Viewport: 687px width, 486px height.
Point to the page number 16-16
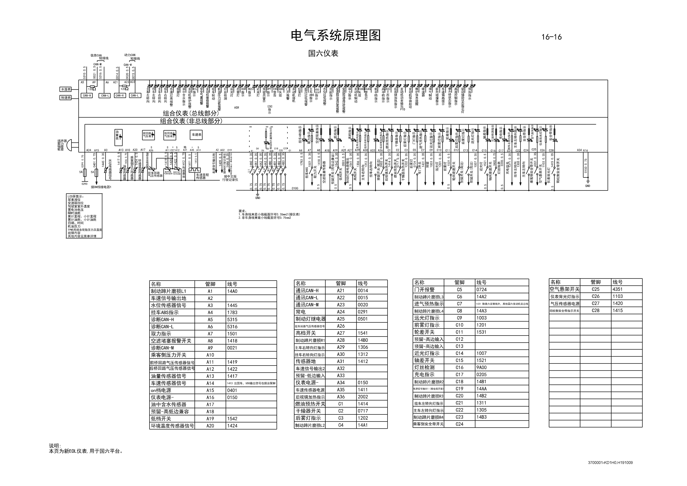pyautogui.click(x=551, y=37)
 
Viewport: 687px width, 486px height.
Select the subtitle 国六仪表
pyautogui.click(x=323, y=53)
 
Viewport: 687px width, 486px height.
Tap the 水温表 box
pyautogui.click(x=66, y=89)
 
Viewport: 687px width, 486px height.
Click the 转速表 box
pyautogui.click(x=66, y=98)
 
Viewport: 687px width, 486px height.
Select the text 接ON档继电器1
pyautogui.click(x=101, y=187)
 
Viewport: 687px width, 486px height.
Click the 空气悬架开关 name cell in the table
pyautogui.click(x=564, y=289)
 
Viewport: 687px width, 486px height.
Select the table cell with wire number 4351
pyautogui.click(x=617, y=289)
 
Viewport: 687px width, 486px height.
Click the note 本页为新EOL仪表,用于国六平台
pyautogui.click(x=86, y=451)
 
